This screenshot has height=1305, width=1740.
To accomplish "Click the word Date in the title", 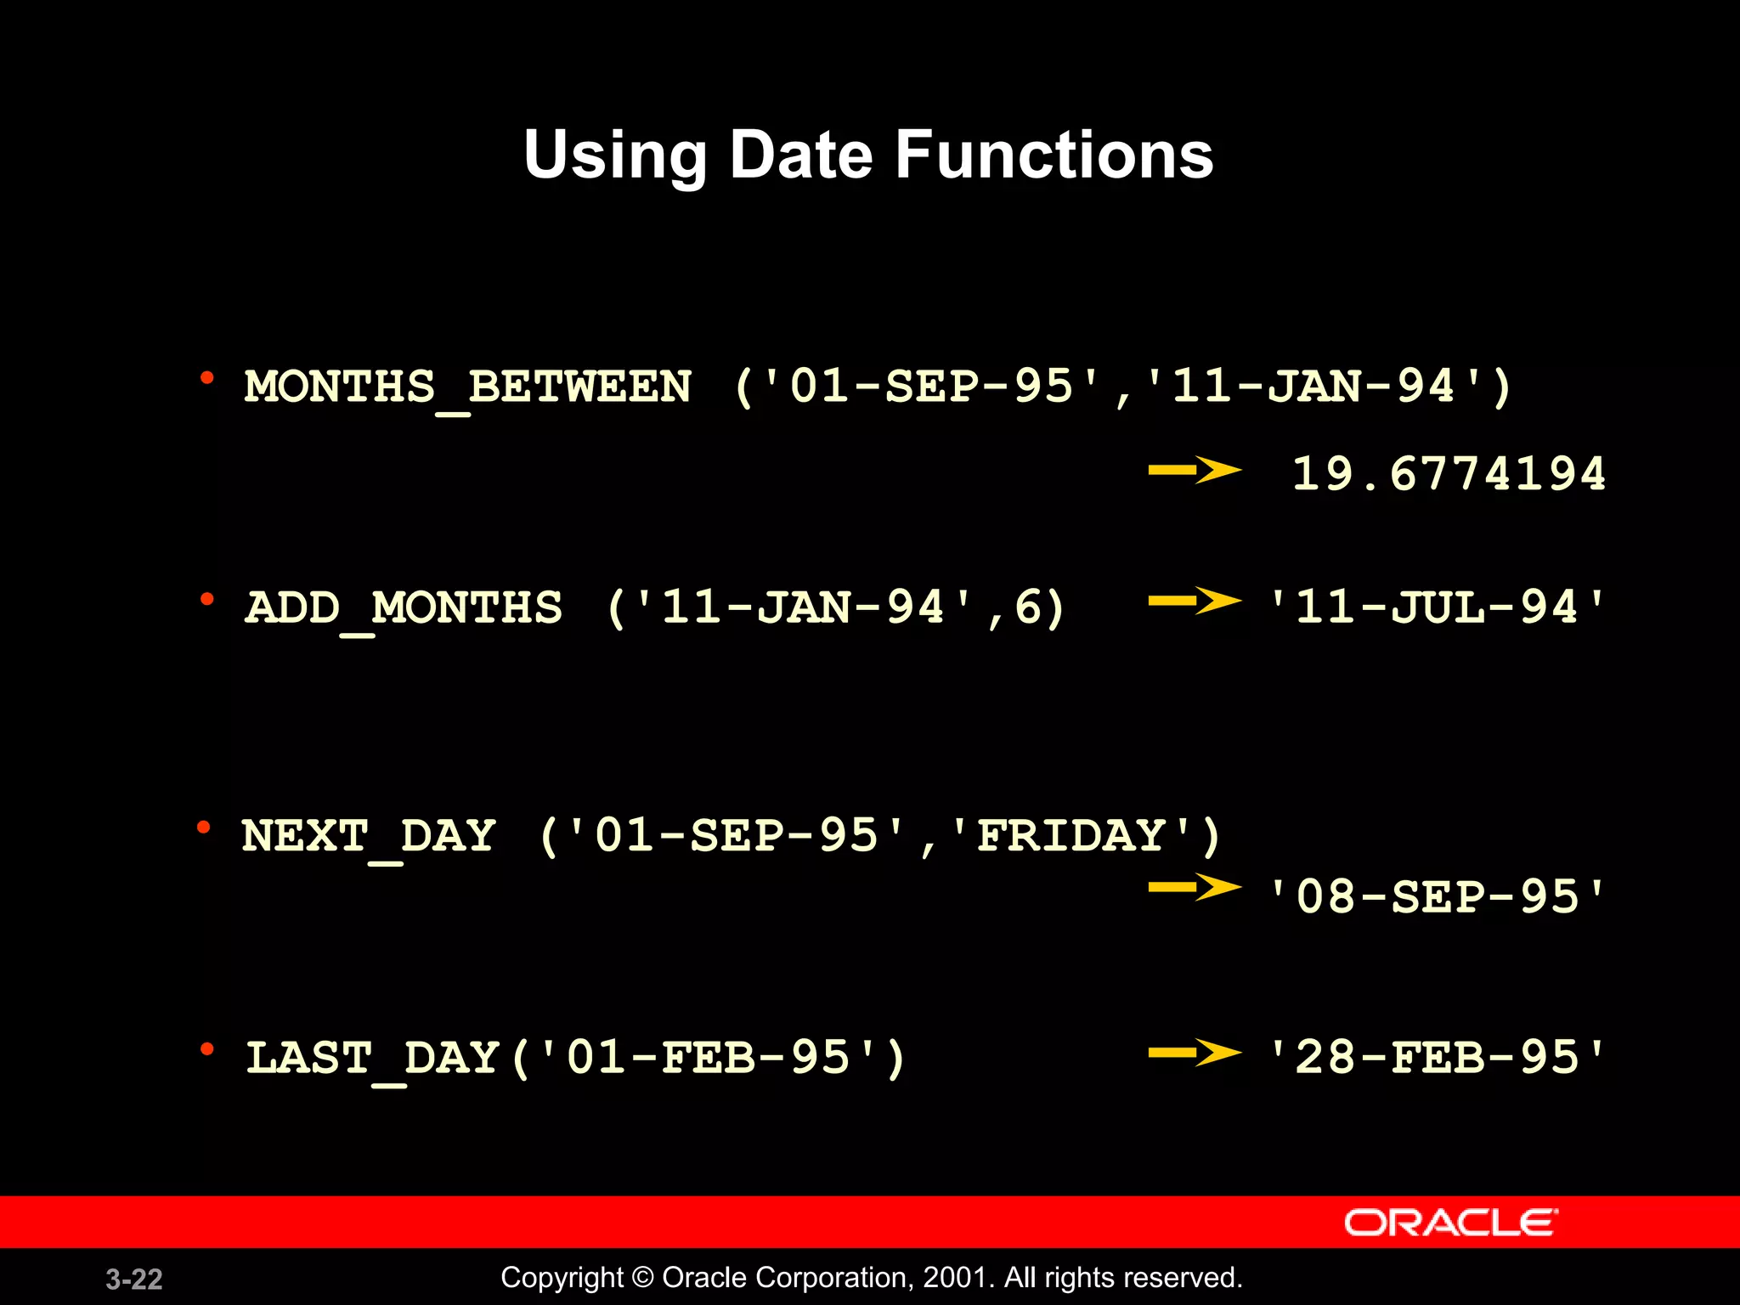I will tap(800, 155).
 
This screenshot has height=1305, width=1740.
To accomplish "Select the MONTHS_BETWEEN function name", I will tap(468, 387).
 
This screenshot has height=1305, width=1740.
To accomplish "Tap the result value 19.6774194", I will tap(1449, 473).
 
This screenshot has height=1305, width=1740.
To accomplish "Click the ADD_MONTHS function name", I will tap(404, 608).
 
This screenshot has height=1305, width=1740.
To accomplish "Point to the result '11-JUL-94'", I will tap(1436, 608).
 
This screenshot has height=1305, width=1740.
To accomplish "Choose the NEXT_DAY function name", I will tap(369, 836).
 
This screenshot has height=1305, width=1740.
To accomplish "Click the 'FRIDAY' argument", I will tap(1071, 836).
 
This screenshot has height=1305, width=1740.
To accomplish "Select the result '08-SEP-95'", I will tap(1436, 897).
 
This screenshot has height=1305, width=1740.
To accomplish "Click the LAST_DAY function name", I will tap(372, 1059).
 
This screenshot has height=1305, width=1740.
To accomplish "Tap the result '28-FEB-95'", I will tap(1436, 1059).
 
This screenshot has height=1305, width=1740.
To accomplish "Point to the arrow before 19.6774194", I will tap(1195, 469).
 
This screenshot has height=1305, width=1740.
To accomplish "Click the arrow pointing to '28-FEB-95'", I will tap(1195, 1054).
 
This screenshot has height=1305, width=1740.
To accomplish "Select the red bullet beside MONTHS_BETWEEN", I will tap(206, 378).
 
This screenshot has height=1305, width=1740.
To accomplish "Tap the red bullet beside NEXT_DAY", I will tap(204, 828).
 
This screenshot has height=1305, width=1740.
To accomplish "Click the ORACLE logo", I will tap(1450, 1223).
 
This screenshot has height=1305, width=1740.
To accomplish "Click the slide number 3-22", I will tap(134, 1280).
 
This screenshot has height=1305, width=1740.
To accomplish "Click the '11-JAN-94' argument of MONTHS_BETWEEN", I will tap(1313, 387).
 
